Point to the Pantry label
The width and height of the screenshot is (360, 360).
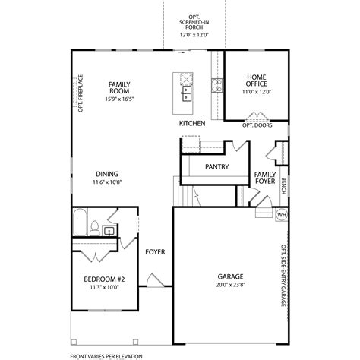tap(218, 166)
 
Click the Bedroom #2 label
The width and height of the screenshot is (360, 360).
tap(104, 279)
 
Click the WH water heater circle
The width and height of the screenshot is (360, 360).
tap(281, 214)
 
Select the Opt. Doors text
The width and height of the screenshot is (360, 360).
tap(256, 125)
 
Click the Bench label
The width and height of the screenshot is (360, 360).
tap(283, 185)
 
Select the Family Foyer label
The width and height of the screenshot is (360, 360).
tap(265, 178)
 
